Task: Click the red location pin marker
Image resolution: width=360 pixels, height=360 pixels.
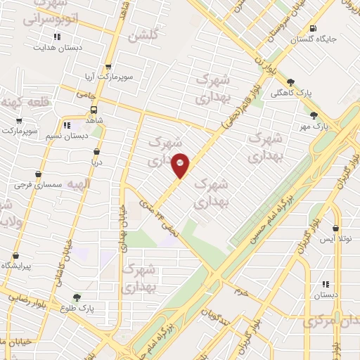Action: (x=181, y=165)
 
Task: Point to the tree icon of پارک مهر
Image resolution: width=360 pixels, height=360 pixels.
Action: (x=314, y=116)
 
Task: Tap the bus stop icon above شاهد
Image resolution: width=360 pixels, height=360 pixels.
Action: (x=94, y=110)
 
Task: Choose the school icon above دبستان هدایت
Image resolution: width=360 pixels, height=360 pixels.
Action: (x=57, y=37)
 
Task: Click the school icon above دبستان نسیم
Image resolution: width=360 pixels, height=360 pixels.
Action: (x=67, y=126)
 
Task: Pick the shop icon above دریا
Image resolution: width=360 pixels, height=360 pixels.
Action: (x=96, y=152)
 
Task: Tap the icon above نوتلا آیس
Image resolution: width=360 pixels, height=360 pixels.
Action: (x=335, y=229)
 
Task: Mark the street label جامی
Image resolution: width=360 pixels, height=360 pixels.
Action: (x=86, y=93)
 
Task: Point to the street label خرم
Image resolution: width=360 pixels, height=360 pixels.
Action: (x=240, y=290)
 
